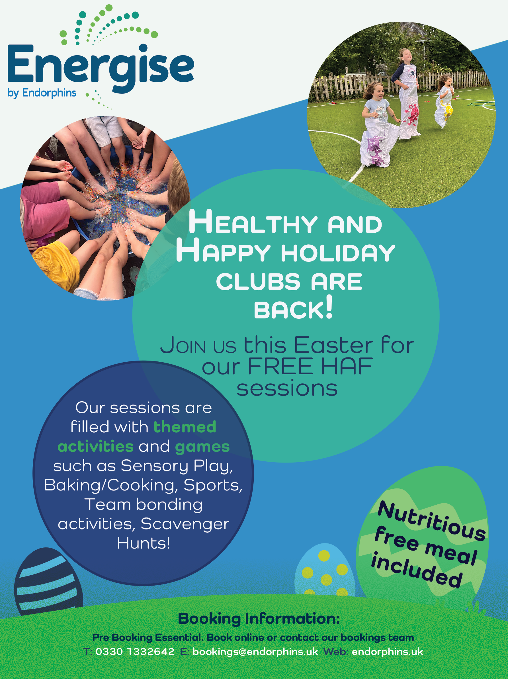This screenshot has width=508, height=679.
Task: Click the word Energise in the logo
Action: coord(101,68)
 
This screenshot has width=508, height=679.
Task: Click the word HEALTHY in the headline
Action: coord(253,222)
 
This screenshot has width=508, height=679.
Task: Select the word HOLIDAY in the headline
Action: coord(338,253)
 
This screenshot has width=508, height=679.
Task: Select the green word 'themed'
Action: coord(185,427)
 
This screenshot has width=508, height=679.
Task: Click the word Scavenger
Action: coord(185,524)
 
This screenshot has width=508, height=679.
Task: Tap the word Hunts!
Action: coord(143,543)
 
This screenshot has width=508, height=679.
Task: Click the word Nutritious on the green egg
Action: coord(432,521)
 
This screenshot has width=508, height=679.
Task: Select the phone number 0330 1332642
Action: coord(135,651)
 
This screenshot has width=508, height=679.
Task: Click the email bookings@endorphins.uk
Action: coord(255,652)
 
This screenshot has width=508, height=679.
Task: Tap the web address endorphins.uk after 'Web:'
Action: coord(387,651)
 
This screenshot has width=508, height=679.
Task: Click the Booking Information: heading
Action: coord(259,619)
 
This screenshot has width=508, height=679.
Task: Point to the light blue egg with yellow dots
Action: coord(325,570)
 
